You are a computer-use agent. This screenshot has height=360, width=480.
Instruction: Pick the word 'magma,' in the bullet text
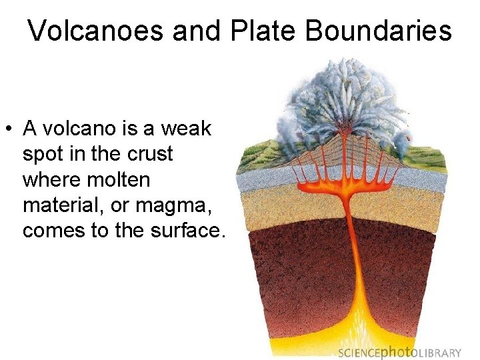pyautogui.click(x=168, y=205)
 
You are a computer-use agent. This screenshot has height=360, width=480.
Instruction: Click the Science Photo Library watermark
pyautogui.click(x=399, y=353)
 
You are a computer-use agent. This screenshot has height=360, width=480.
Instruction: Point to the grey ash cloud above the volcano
pyautogui.click(x=347, y=93)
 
